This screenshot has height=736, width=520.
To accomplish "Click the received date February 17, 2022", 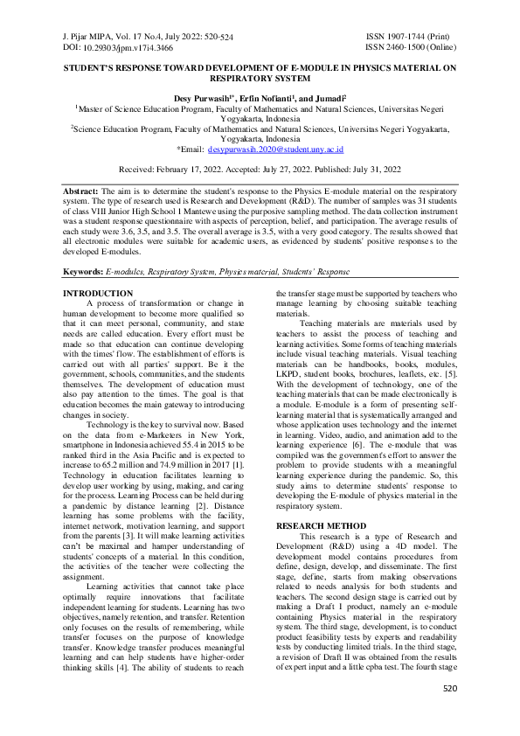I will point(183,169).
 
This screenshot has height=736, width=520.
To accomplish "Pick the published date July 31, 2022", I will point(371,169).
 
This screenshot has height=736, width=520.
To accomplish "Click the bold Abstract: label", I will point(81,190).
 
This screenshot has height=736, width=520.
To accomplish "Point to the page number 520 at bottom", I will point(450,713).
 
